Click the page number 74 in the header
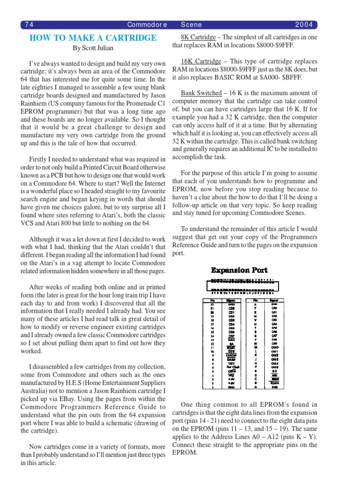[x=29, y=25]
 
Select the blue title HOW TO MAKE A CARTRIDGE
[x=93, y=38]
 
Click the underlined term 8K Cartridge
[x=198, y=37]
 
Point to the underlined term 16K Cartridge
[x=201, y=61]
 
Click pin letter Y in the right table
[x=255, y=308]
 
